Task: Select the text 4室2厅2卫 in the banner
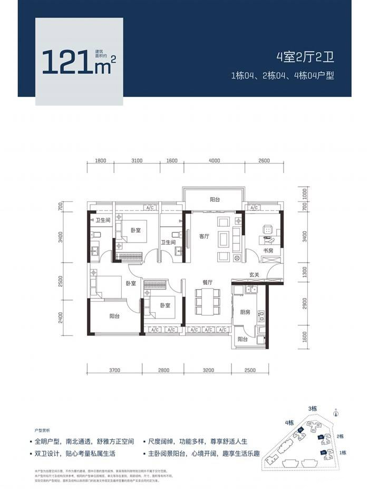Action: coord(305,57)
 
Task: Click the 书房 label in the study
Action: coord(267,252)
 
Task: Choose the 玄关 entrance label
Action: coord(255,275)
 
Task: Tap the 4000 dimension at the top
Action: coord(213,161)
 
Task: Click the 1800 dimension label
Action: coord(101,161)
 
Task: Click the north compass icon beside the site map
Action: coord(335,416)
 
